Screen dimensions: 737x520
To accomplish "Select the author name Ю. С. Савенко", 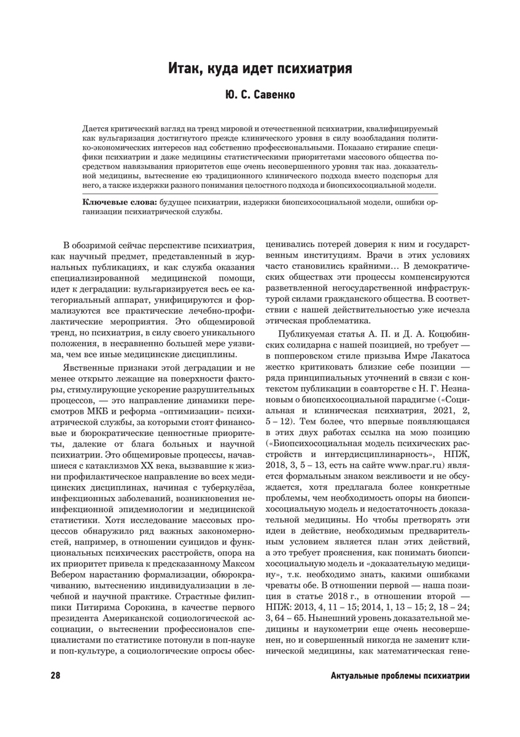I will click(260, 96).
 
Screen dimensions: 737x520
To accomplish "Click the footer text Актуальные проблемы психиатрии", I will click(400, 676).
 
